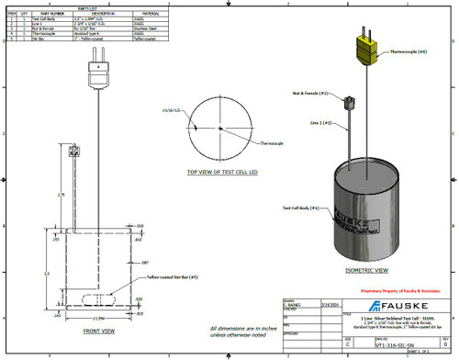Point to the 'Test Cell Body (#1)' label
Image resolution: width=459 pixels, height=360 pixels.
tap(300, 208)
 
